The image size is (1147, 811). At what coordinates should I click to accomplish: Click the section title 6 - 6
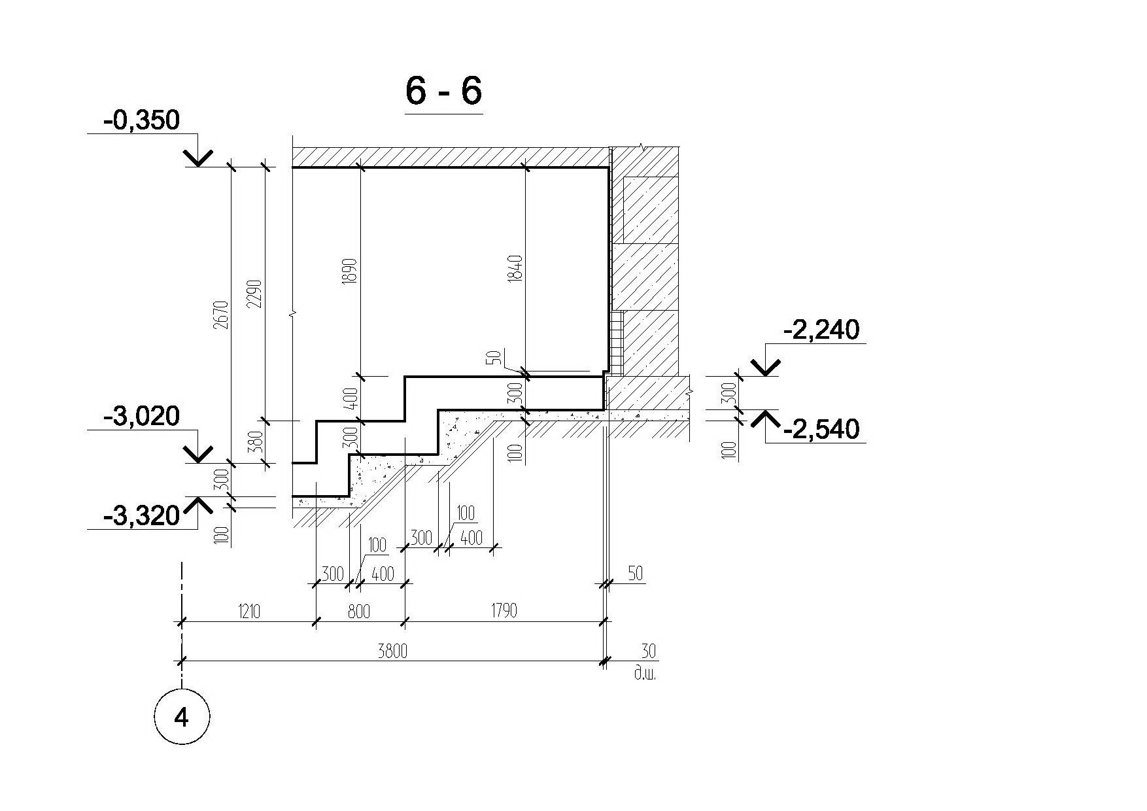[x=443, y=90]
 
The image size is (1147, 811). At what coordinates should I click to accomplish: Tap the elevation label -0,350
[x=141, y=120]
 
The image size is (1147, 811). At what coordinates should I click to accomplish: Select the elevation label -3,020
[x=141, y=416]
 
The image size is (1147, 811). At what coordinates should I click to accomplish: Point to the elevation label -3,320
[x=141, y=516]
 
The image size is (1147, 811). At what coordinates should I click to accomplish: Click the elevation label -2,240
[x=821, y=330]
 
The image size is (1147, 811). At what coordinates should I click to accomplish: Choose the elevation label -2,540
[x=821, y=430]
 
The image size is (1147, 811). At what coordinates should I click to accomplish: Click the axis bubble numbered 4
[x=182, y=717]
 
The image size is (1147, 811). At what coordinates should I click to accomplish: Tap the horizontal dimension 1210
[x=249, y=612]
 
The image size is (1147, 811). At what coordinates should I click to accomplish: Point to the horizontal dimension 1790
[x=503, y=611]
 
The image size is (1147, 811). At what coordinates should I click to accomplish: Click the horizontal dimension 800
[x=358, y=612]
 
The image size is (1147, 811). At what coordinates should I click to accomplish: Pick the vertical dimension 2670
[x=221, y=315]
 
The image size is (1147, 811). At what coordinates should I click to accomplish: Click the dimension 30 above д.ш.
[x=647, y=651]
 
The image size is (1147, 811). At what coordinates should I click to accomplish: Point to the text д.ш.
[x=645, y=673]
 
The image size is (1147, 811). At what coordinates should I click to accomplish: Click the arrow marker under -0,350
[x=197, y=157]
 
